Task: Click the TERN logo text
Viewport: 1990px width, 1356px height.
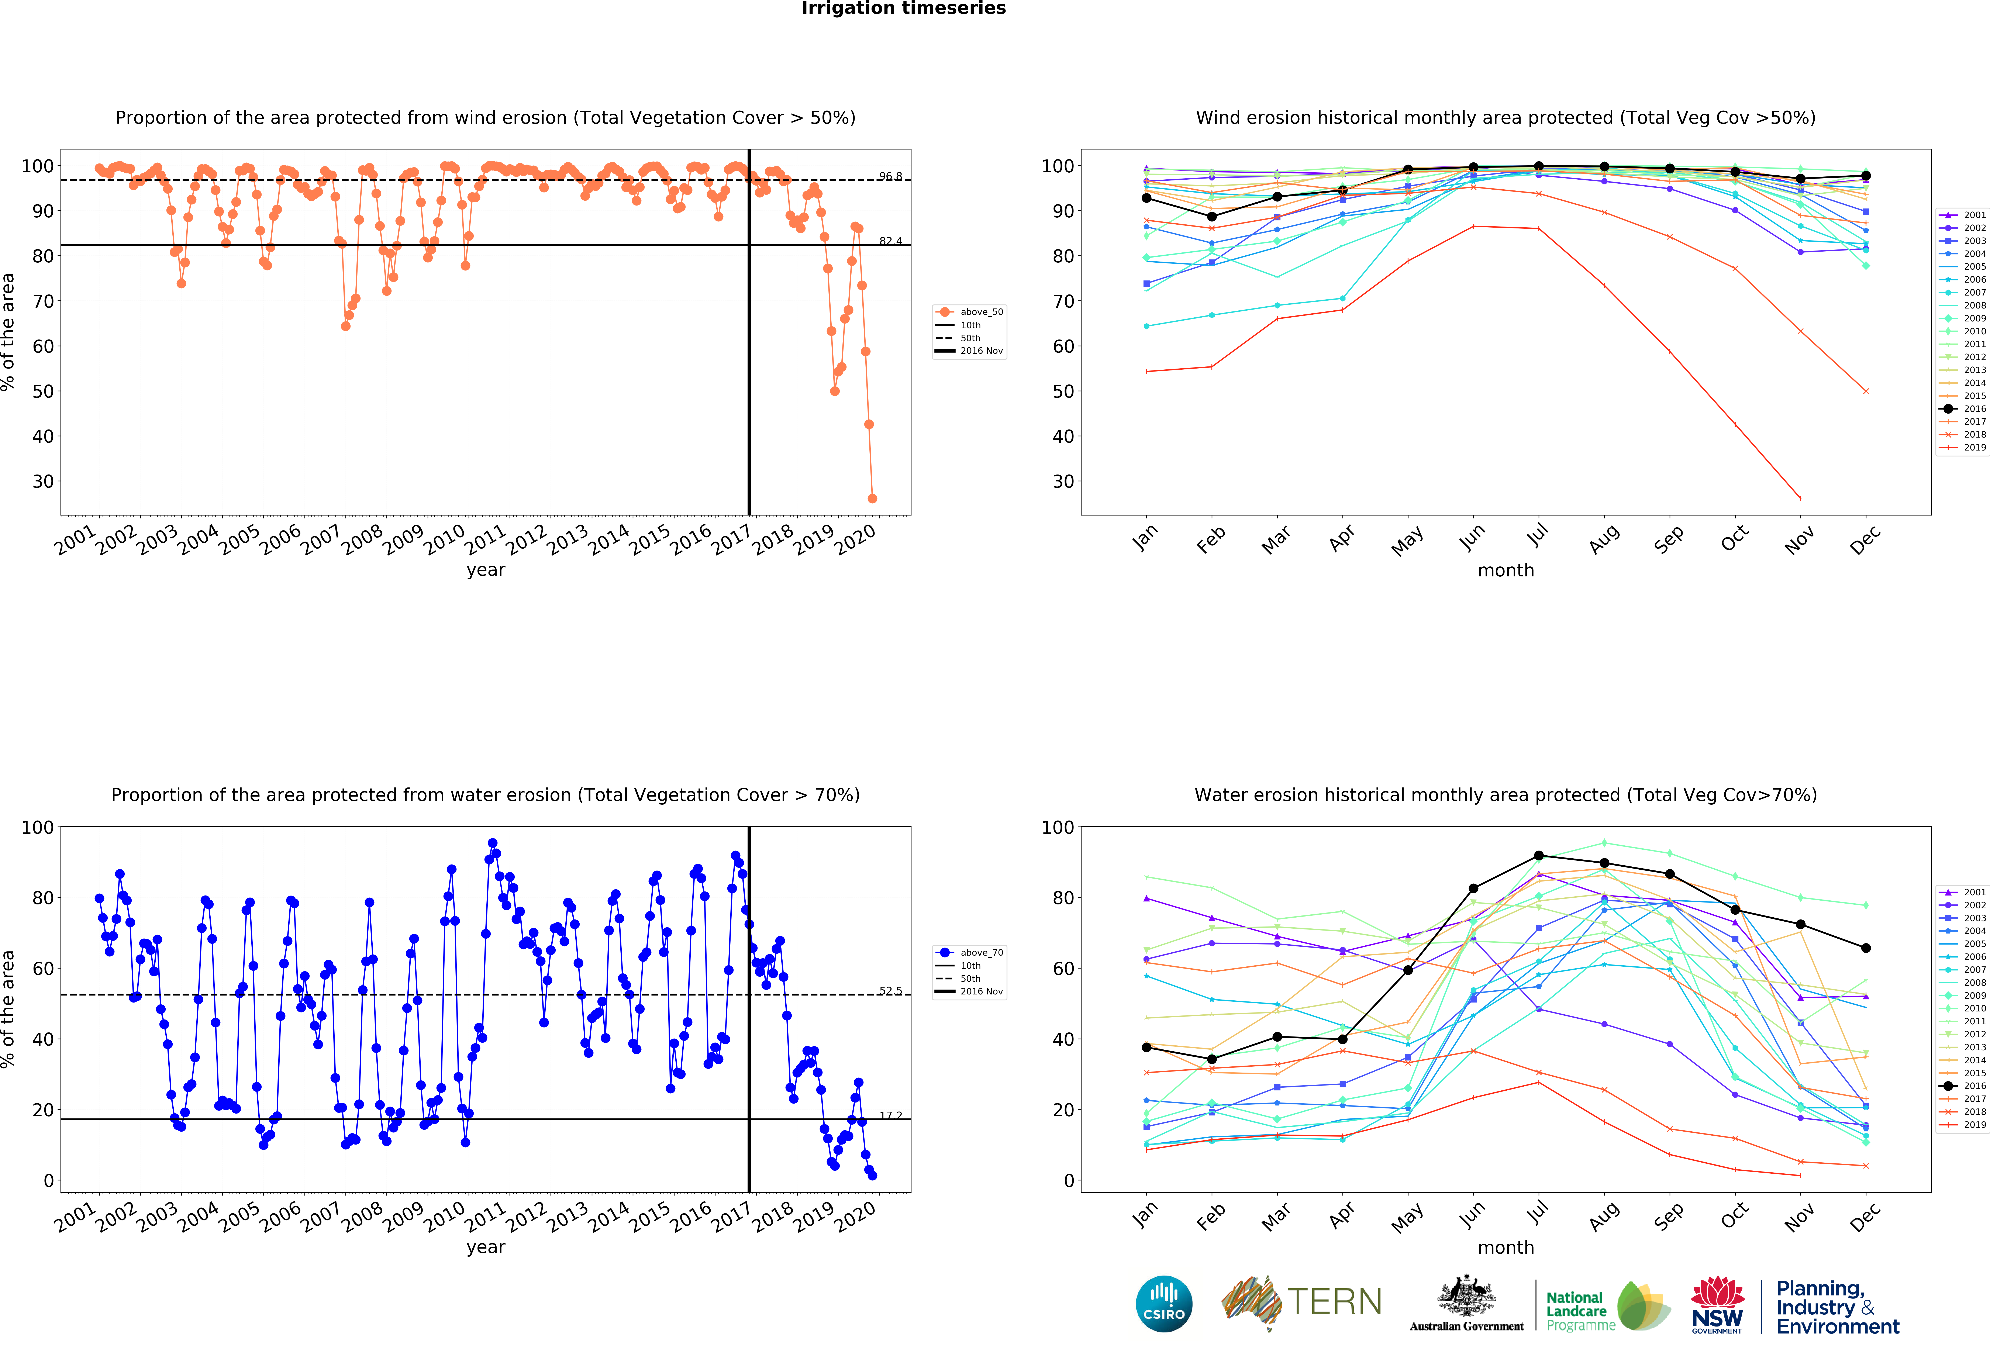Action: coord(1334,1302)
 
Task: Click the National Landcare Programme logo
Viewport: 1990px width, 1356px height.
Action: coord(1607,1306)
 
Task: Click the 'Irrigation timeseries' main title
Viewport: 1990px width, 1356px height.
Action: coord(903,8)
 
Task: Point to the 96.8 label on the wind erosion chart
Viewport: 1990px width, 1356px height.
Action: coord(890,176)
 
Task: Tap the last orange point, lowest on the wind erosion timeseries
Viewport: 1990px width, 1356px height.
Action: coord(872,498)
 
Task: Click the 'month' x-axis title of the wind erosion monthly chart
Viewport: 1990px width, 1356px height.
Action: coord(1505,570)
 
